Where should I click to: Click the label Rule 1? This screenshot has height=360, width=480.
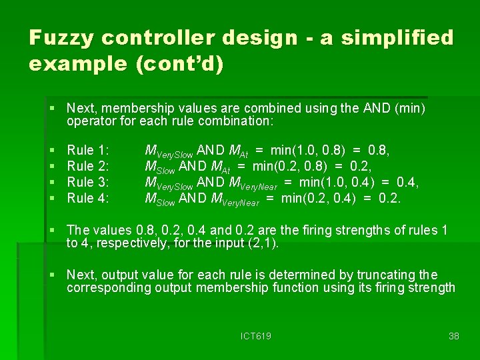pyautogui.click(x=88, y=151)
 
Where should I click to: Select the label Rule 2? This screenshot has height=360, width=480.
pyautogui.click(x=88, y=166)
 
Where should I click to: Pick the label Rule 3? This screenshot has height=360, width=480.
pyautogui.click(x=88, y=182)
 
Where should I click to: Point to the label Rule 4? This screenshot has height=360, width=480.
pyautogui.click(x=88, y=197)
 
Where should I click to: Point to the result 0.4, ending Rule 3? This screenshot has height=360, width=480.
pyautogui.click(x=409, y=182)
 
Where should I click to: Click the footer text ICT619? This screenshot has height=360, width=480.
pyautogui.click(x=256, y=336)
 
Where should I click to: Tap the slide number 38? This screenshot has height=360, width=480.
pyautogui.click(x=454, y=336)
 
